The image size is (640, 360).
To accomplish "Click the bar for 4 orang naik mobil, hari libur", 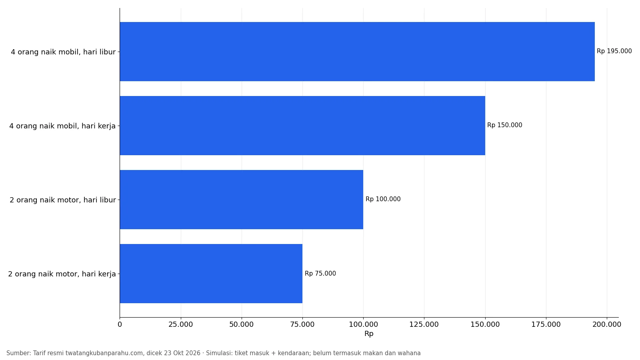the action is (357, 52).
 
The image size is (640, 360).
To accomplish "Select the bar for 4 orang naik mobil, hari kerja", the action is (302, 126).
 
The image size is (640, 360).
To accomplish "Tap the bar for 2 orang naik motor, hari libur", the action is (242, 200).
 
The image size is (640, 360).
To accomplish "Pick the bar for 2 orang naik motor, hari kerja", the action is (211, 274).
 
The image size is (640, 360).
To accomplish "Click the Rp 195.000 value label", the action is (614, 51).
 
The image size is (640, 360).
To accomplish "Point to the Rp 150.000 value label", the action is (504, 125).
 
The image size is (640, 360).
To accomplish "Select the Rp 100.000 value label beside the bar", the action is (383, 199).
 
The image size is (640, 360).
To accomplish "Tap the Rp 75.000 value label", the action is (320, 274).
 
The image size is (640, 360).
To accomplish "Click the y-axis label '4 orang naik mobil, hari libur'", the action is (63, 52).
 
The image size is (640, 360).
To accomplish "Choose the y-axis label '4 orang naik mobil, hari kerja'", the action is (62, 126).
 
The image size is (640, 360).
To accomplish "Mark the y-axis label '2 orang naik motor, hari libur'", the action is (63, 200).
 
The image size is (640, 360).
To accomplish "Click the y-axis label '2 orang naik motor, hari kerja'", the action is (62, 274).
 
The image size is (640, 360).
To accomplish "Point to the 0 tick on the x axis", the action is (120, 324).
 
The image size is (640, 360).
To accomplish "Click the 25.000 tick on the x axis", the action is (180, 324).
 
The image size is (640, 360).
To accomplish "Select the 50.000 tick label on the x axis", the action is (242, 324).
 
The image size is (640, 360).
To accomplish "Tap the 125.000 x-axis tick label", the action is (424, 324).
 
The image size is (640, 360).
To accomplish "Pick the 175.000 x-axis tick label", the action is (546, 324).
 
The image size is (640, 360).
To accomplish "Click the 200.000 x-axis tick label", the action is (607, 324).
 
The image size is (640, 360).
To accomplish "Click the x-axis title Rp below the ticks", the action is (369, 334).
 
